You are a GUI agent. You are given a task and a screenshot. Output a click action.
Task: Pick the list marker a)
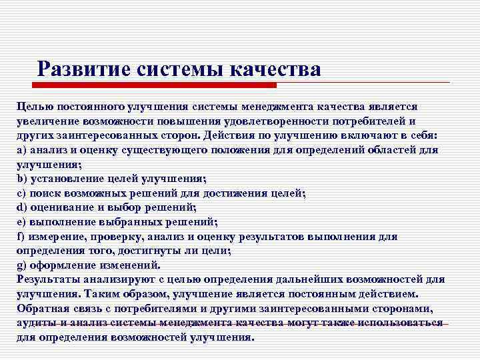[21, 150]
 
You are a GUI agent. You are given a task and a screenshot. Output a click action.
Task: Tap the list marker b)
[21, 179]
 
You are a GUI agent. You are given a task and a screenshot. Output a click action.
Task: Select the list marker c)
[21, 193]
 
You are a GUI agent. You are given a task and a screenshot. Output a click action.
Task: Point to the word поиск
[46, 193]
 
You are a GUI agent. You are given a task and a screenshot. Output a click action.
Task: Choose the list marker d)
[21, 207]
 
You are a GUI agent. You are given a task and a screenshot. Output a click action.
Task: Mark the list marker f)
[21, 236]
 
